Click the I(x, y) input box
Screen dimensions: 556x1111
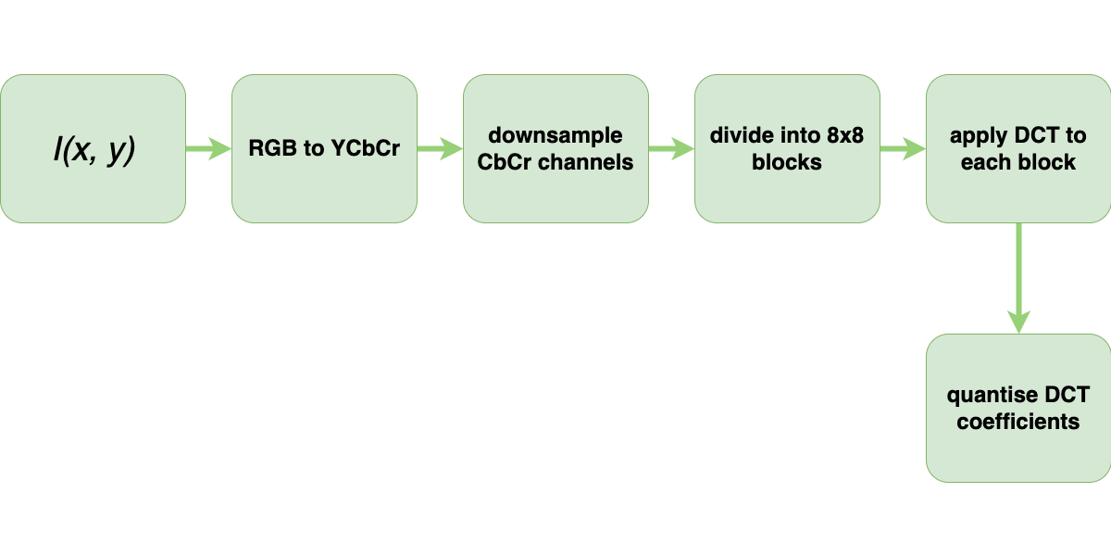(x=93, y=149)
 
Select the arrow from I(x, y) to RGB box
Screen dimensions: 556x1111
(x=208, y=149)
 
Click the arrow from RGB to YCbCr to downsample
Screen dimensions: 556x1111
(x=440, y=149)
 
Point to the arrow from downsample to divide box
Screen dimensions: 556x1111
(x=671, y=149)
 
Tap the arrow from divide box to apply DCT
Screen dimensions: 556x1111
(x=903, y=149)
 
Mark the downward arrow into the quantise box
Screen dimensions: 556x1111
(x=1018, y=278)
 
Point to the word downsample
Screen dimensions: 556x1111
(x=555, y=136)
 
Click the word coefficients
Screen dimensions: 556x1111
(x=1018, y=422)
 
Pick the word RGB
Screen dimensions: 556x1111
(x=268, y=149)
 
